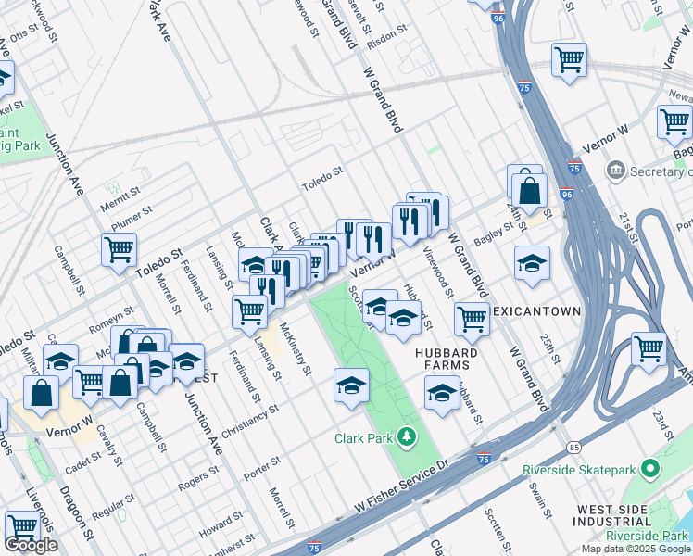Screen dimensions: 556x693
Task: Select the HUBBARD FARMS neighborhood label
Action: [447, 360]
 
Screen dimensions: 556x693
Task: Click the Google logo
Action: [31, 545]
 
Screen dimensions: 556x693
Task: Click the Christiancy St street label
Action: [250, 421]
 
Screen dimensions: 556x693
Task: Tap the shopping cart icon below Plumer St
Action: [120, 248]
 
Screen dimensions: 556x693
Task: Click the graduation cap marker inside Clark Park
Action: [351, 385]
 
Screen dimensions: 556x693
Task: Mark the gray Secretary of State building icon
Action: [614, 171]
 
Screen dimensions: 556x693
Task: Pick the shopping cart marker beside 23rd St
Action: [649, 349]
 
